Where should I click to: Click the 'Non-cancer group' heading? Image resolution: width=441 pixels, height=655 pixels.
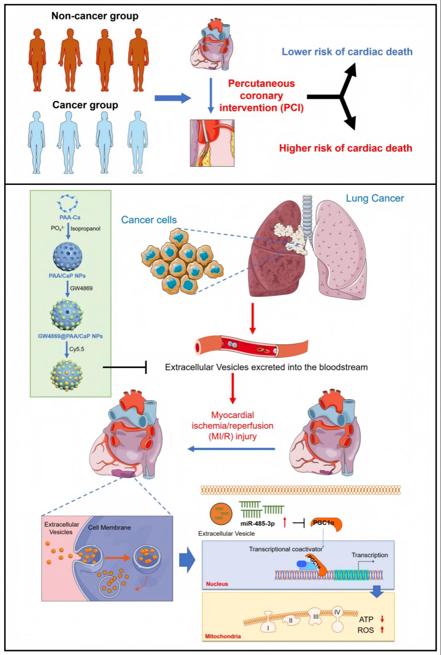click(95, 16)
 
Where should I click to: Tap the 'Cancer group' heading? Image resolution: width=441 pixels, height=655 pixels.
click(85, 105)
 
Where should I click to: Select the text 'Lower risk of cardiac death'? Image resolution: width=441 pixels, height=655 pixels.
click(347, 52)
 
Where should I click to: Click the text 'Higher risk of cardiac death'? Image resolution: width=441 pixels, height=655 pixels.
click(345, 148)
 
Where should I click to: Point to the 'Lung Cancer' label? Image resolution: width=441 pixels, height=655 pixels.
click(375, 198)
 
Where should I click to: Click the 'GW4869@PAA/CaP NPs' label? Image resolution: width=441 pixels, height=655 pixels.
click(70, 336)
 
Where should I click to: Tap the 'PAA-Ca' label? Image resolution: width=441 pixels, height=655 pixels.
click(70, 217)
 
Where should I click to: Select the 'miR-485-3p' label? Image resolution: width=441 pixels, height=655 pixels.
click(258, 524)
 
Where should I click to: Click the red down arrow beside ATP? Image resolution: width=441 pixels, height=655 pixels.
click(382, 619)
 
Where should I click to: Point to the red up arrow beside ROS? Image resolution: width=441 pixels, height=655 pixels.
click(382, 630)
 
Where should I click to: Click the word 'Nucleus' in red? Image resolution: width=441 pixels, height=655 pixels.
click(217, 584)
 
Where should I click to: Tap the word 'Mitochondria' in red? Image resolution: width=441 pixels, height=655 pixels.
click(223, 636)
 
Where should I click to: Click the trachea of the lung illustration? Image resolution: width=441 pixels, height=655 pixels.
click(307, 215)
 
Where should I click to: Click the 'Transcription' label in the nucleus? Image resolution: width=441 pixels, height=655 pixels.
click(370, 555)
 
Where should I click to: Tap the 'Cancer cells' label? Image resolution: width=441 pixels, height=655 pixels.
click(149, 220)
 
